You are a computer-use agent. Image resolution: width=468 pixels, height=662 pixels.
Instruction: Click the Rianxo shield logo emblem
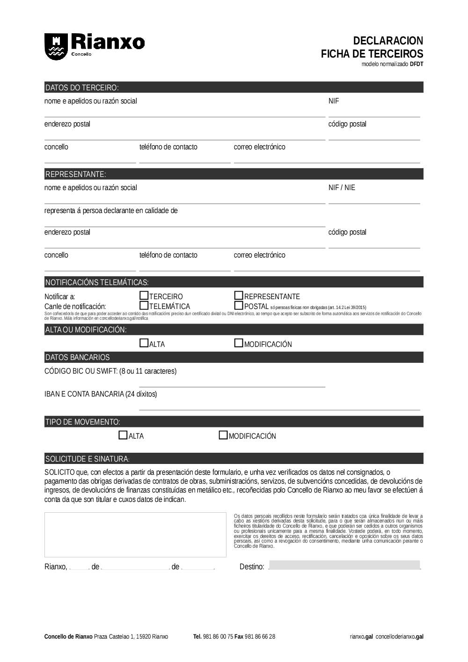56,46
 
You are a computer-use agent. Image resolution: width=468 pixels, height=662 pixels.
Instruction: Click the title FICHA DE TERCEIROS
372,53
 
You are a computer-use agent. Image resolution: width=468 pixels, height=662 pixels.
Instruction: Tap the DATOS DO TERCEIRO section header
82,88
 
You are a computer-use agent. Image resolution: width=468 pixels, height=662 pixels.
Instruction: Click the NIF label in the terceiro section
334,101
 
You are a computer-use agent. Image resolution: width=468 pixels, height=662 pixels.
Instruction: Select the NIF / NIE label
342,188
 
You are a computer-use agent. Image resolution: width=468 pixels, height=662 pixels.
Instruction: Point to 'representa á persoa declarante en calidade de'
111,211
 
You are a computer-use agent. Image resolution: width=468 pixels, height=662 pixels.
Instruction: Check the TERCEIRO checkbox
144,296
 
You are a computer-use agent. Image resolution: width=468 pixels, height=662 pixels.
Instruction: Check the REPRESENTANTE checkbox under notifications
239,296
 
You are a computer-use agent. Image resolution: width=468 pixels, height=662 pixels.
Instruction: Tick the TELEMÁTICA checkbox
144,306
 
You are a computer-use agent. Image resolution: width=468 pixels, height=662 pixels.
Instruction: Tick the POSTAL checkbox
239,306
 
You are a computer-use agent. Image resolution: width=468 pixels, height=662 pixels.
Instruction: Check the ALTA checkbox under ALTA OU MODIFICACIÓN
144,343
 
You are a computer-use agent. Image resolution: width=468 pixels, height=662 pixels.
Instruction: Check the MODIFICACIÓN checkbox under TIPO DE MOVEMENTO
223,435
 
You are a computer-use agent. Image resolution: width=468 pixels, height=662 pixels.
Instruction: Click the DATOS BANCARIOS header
77,357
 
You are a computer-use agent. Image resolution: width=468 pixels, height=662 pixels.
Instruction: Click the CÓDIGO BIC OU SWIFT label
110,371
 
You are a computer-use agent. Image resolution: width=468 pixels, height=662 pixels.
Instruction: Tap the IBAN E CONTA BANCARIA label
101,394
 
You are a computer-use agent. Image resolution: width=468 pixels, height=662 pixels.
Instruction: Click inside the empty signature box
135,535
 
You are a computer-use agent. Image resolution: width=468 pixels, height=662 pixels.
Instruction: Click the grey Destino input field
344,565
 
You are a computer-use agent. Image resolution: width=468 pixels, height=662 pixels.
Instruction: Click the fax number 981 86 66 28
260,637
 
